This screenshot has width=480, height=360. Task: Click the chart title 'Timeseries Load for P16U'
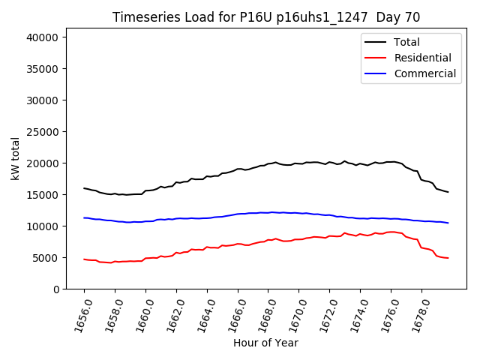click(266, 17)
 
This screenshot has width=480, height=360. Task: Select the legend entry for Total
click(406, 42)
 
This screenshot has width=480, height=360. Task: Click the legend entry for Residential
click(422, 58)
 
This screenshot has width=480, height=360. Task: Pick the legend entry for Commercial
click(424, 73)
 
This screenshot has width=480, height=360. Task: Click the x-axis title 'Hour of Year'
click(265, 343)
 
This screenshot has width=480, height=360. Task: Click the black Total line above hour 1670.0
click(298, 163)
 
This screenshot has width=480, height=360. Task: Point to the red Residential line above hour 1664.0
click(207, 247)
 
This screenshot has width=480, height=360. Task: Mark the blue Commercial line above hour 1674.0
click(360, 218)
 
